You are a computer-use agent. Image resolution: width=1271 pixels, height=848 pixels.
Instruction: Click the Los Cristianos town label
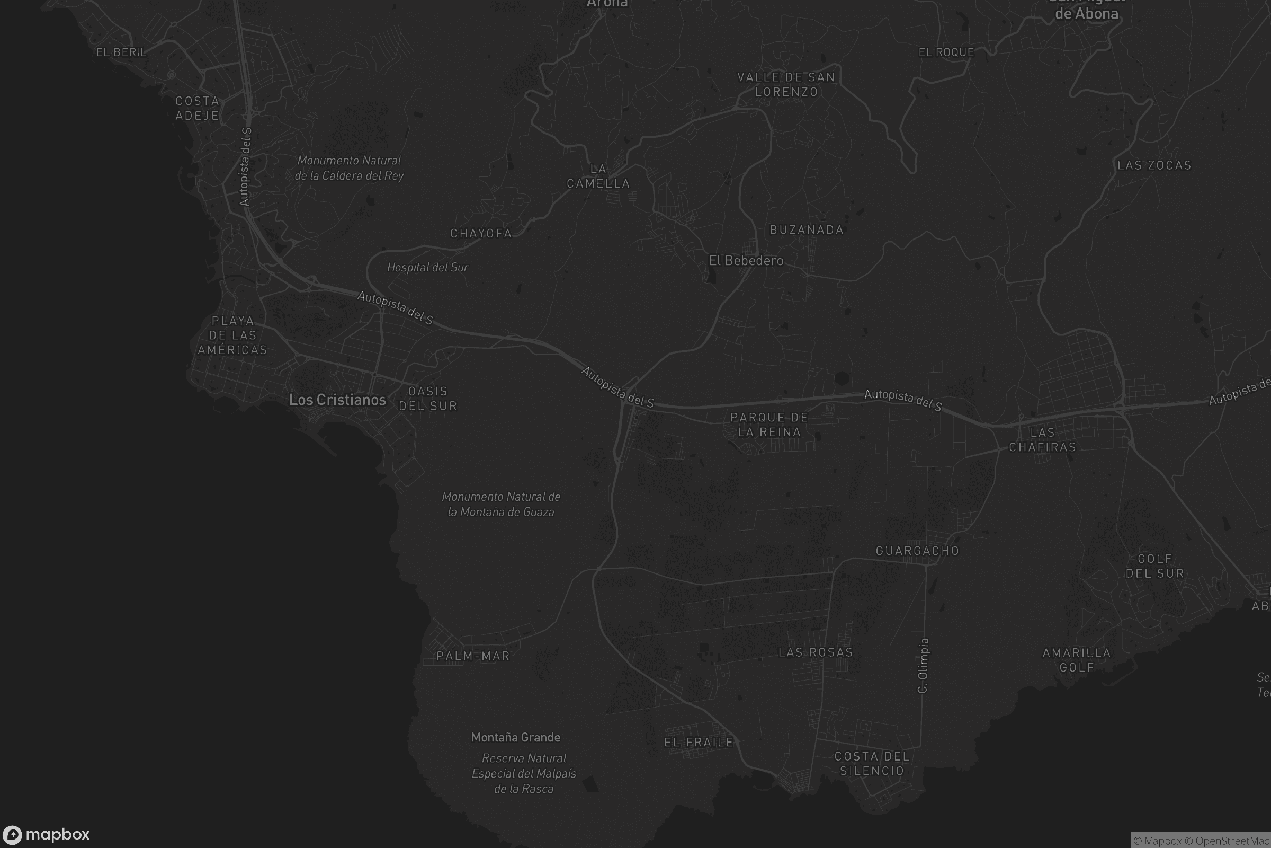coord(337,400)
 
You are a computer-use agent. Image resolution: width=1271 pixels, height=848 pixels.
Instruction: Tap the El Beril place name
coord(121,52)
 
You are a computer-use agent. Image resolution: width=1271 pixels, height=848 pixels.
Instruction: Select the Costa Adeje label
coord(197,108)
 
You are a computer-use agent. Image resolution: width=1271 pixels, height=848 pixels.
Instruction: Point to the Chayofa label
coord(481,233)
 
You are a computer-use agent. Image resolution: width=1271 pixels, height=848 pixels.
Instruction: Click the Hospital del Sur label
coord(427,267)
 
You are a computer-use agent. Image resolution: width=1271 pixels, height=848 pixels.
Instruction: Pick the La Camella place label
coord(598,176)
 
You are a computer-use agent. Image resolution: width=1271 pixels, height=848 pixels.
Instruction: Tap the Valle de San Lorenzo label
coord(786,84)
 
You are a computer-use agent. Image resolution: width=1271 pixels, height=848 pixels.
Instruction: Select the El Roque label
coord(946,52)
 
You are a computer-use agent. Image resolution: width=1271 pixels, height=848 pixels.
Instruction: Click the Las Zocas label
coord(1154,165)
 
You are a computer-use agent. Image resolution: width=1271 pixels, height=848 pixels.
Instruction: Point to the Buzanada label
coord(806,230)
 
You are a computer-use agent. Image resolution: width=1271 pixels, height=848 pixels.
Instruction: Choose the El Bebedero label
coord(746,261)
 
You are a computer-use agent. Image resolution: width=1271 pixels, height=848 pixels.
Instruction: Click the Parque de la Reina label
coord(769,425)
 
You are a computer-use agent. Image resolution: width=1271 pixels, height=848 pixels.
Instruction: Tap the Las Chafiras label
coord(1042,440)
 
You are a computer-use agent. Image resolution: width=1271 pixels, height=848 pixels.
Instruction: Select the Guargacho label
coord(917,551)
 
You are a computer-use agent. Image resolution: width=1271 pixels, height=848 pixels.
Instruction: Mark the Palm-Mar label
coord(473,656)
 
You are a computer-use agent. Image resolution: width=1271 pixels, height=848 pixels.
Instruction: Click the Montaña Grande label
coord(515,737)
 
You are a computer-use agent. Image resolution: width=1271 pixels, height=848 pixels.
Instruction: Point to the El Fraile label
coord(699,742)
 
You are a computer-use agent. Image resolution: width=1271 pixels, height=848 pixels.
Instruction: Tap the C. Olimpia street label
coord(923,665)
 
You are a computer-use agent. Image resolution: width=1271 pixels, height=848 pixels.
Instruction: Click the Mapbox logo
coord(46,834)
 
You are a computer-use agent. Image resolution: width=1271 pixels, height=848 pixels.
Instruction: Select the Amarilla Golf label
coord(1077,660)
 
